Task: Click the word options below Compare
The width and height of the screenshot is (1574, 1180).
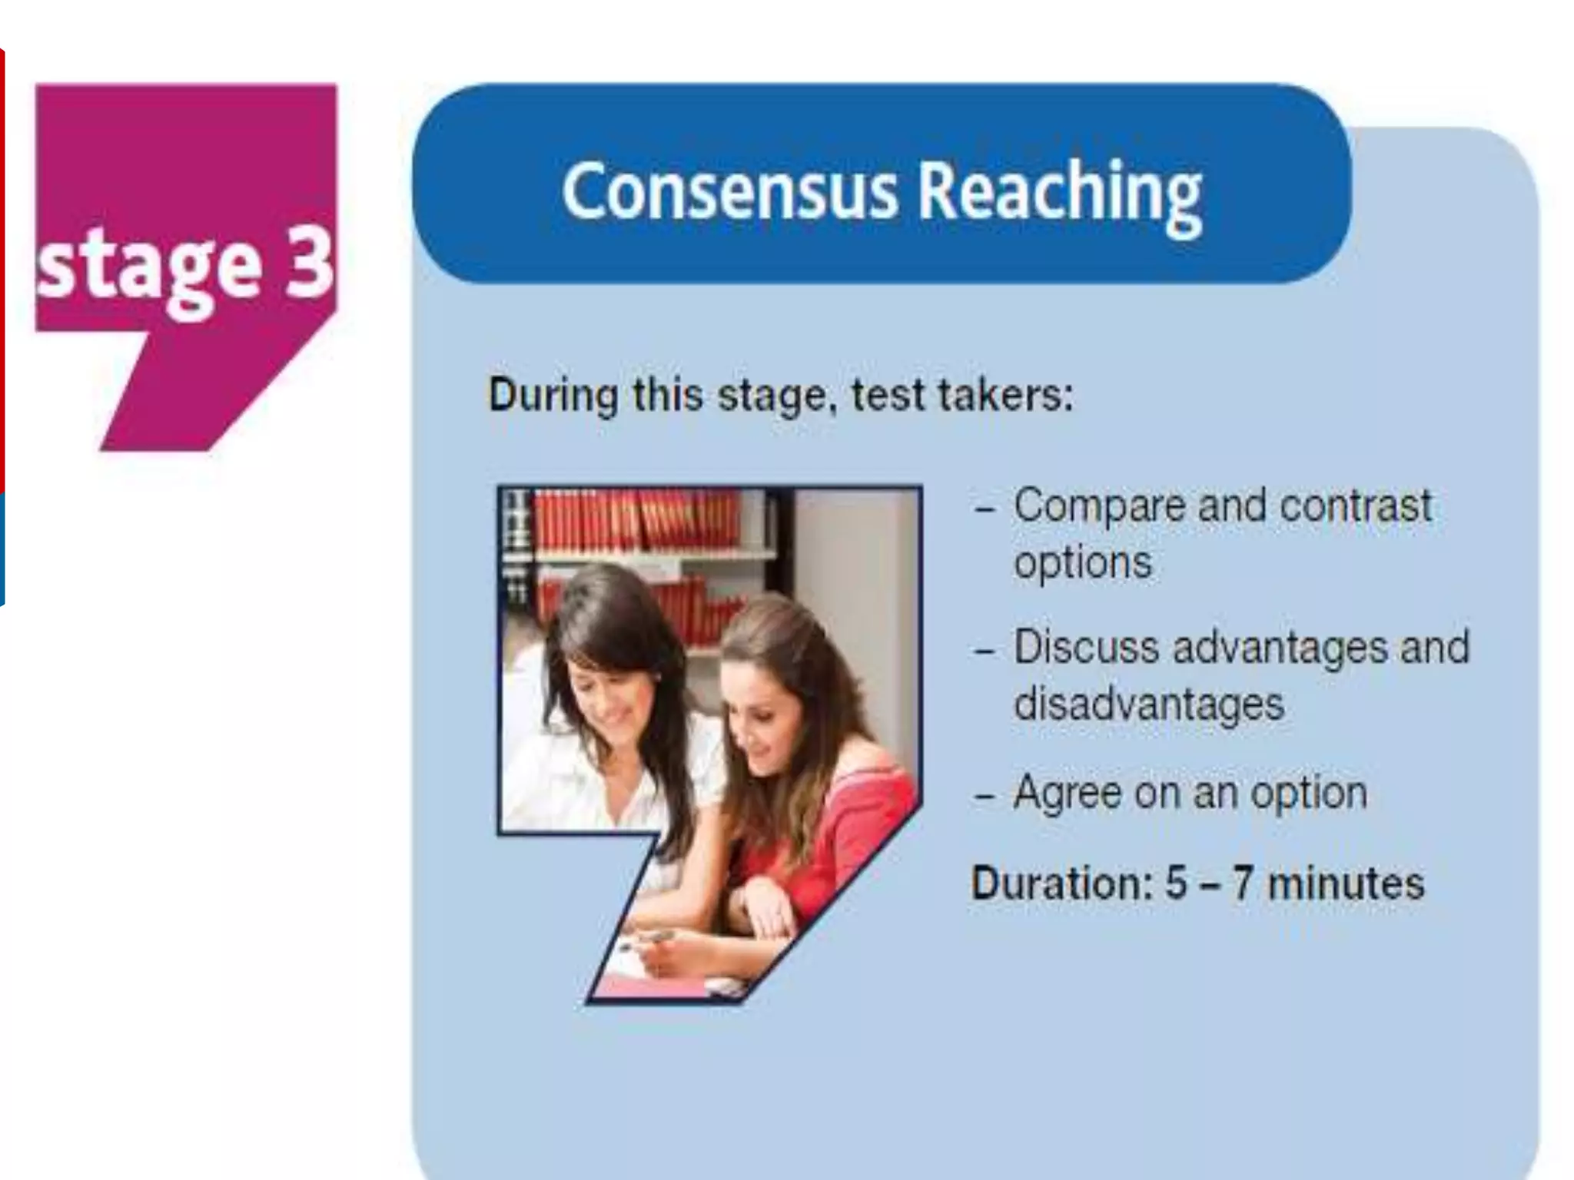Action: [1083, 563]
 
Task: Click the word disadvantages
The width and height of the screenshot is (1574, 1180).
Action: [1149, 704]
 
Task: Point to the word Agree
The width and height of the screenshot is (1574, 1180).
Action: [1067, 794]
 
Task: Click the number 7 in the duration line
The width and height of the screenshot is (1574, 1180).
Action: [1243, 883]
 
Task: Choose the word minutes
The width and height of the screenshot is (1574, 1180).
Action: [1346, 883]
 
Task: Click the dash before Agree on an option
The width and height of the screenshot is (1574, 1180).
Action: [984, 796]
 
